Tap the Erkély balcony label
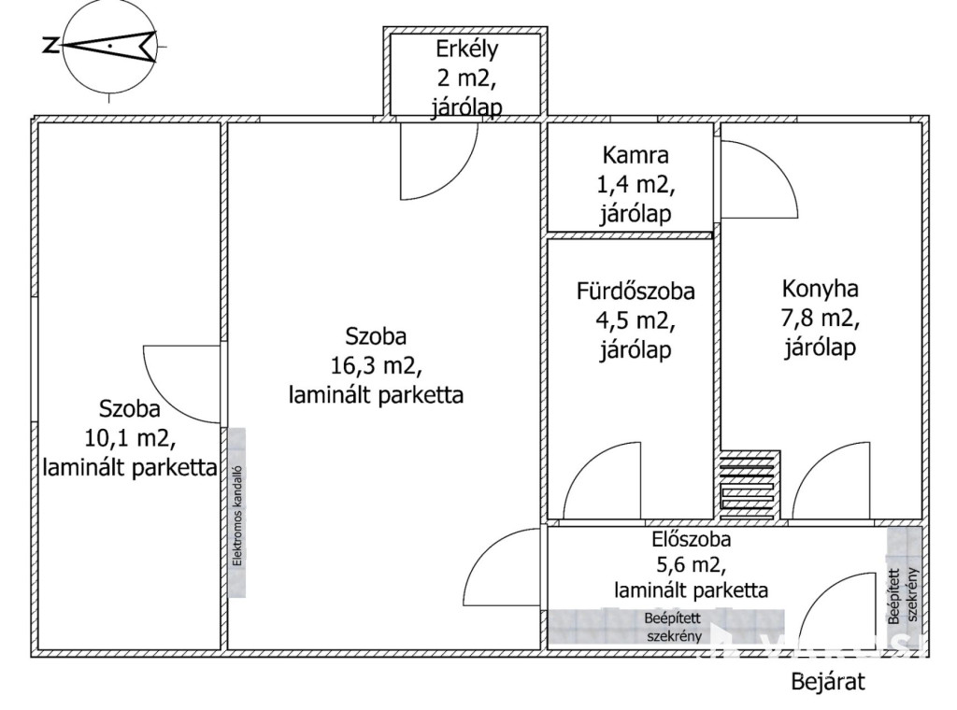point(466,49)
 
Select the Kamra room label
point(636,155)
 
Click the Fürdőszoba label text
point(636,291)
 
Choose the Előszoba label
point(692,539)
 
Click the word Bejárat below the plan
point(828,681)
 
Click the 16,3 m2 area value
point(376,365)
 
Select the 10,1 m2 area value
point(130,437)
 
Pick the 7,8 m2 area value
point(821,319)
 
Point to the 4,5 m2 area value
point(636,320)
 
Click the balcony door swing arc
point(439,163)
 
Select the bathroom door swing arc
point(603,481)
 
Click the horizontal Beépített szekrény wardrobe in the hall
point(667,628)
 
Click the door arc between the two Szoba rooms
point(182,383)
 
